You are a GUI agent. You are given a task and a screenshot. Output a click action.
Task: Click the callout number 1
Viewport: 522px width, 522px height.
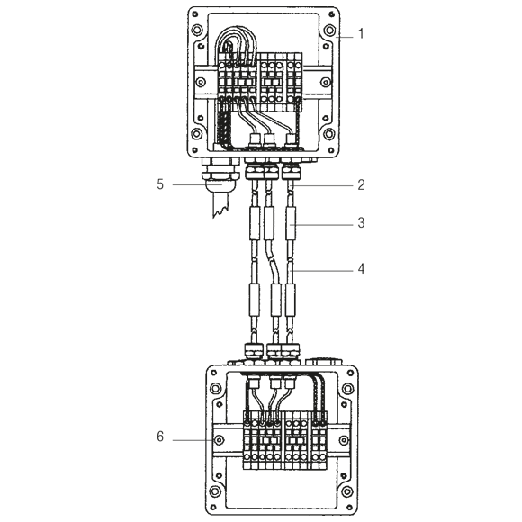361,33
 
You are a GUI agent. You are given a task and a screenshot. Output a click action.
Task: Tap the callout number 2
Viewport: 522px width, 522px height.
361,184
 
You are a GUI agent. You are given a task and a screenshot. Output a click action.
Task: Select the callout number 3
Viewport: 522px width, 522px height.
361,222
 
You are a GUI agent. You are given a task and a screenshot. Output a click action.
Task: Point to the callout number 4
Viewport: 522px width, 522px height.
361,268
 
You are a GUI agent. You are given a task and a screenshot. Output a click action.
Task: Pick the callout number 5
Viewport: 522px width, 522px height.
160,184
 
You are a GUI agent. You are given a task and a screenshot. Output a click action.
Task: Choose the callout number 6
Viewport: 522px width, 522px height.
160,436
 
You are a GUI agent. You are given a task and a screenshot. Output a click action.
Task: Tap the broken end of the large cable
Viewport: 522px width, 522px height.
221,211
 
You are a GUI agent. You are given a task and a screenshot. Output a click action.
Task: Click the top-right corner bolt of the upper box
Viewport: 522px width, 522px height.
329,31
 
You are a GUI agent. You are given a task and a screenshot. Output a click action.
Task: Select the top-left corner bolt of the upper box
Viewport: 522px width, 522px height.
197,31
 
